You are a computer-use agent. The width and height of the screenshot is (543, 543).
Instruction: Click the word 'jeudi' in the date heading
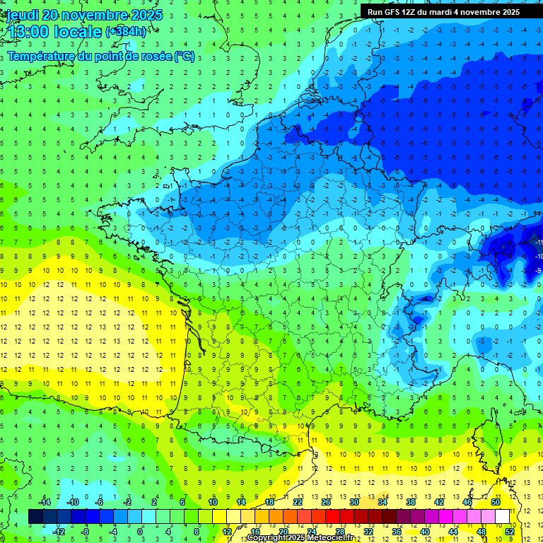24,15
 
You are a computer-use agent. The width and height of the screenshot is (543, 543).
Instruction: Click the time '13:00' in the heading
28,32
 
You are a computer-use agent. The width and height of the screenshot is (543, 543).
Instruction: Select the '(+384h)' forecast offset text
127,32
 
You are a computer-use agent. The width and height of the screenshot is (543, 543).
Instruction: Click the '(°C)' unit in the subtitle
184,57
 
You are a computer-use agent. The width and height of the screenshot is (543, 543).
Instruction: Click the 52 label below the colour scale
510,532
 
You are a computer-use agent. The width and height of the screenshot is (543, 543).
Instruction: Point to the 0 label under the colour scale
140,532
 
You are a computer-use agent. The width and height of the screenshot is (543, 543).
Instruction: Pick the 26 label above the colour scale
326,501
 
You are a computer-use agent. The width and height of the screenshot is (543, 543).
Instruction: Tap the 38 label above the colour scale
411,501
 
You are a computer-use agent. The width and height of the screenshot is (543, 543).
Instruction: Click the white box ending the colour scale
502,517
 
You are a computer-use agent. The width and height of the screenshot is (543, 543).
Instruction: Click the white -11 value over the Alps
539,243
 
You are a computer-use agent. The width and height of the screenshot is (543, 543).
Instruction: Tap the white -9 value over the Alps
538,270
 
